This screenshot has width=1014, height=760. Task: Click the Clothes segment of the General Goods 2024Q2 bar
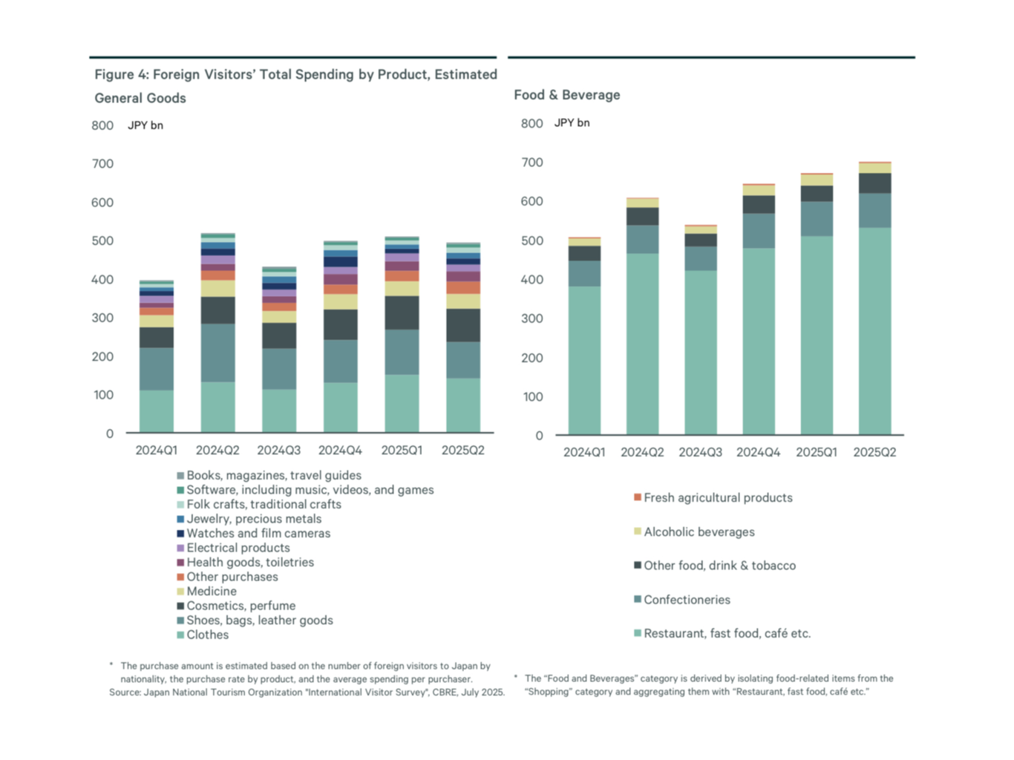pos(217,407)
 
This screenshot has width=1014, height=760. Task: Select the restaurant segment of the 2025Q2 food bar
pos(874,330)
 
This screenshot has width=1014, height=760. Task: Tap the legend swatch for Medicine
pos(180,592)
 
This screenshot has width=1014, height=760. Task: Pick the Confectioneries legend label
pos(687,600)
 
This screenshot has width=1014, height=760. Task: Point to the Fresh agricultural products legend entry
pos(718,498)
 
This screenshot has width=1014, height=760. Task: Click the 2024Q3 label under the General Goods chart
pos(279,451)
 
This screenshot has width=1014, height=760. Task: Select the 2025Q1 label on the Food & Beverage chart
pos(817,452)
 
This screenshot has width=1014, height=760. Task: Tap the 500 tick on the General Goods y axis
pos(102,241)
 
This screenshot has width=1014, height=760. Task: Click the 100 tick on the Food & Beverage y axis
pos(533,397)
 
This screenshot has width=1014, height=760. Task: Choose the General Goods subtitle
pos(140,98)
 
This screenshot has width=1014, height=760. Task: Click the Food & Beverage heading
pos(567,95)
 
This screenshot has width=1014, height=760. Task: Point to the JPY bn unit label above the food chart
pos(572,122)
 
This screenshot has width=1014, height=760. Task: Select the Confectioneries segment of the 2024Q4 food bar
pos(759,231)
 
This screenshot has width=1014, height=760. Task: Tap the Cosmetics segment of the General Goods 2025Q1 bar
pos(402,312)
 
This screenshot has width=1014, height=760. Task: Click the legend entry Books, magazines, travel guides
pos(274,476)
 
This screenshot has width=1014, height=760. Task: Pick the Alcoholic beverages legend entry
pos(699,532)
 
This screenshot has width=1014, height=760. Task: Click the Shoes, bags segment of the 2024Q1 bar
pos(157,369)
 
